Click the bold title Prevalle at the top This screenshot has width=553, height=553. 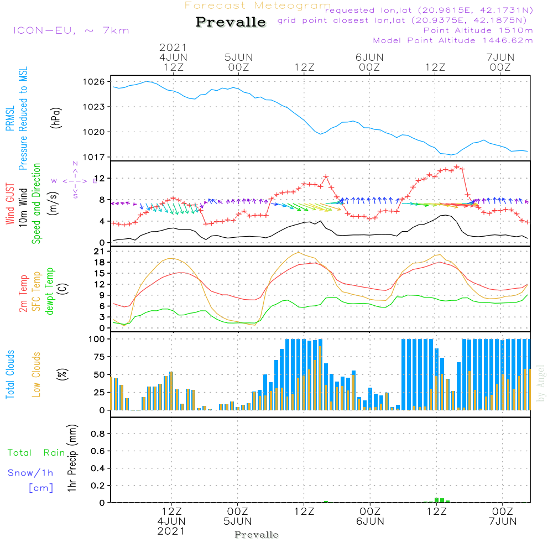coord(231,23)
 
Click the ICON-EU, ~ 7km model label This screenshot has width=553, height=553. coord(71,30)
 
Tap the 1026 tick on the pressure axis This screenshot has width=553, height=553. coord(94,82)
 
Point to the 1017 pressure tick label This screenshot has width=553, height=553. coord(94,157)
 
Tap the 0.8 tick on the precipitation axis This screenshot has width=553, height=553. coord(98,434)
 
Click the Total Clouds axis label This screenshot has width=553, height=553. coord(10,374)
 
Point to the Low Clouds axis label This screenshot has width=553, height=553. coord(36,374)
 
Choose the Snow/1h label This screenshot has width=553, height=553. coord(30,473)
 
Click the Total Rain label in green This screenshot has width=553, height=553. coord(36,453)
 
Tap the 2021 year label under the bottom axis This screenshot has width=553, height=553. coord(171,531)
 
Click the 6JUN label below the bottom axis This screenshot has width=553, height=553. coord(370,521)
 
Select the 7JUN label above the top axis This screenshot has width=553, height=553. coord(500,57)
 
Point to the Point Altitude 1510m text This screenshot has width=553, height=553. coord(478,30)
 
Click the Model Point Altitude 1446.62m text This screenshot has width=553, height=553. coord(452,40)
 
